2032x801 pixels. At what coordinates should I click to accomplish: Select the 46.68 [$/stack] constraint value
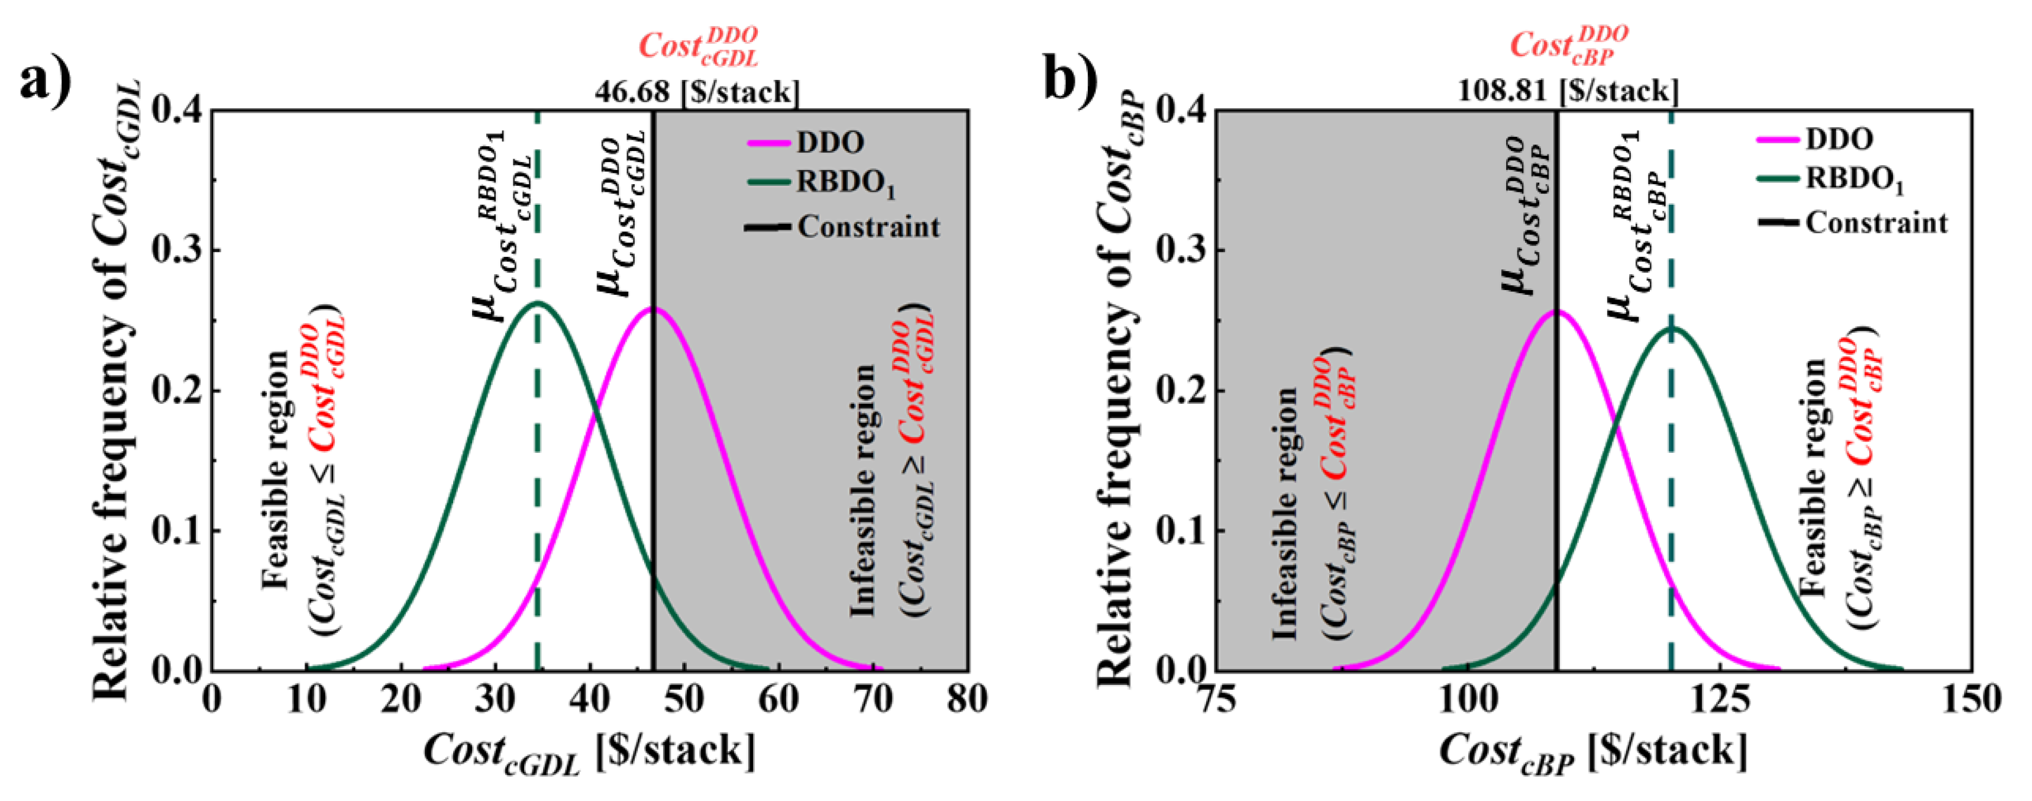696,92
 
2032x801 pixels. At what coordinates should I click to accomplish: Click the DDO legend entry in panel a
829,143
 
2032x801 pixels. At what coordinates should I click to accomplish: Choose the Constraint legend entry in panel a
868,227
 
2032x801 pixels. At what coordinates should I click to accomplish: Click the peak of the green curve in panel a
537,303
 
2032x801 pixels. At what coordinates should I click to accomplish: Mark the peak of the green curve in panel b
1671,329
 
